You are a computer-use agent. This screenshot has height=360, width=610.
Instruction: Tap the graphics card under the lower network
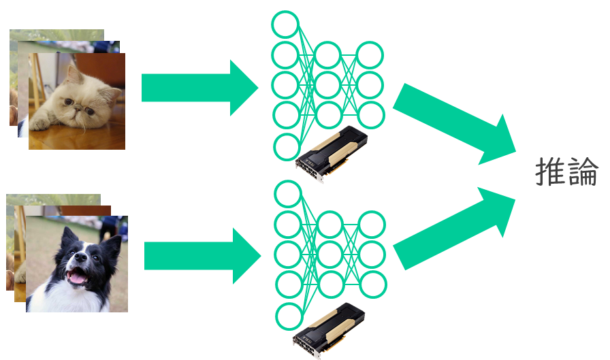(x=330, y=329)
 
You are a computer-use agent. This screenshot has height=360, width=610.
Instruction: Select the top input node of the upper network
(x=285, y=24)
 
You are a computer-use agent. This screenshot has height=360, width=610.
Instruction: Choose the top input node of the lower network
(x=287, y=193)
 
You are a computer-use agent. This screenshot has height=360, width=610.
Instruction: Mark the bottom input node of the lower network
(x=289, y=316)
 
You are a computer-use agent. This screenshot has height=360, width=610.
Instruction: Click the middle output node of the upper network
(x=370, y=85)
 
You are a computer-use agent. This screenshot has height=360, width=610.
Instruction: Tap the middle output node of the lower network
(x=372, y=254)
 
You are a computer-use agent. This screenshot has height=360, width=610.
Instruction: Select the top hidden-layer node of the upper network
(x=327, y=55)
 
